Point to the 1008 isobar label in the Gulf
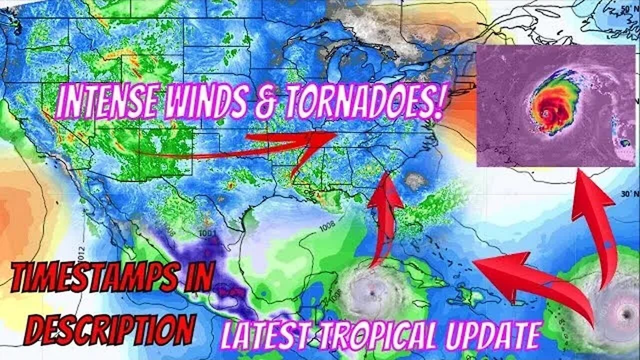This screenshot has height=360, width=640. coord(327,226)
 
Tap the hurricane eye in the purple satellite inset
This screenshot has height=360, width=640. coord(546,114)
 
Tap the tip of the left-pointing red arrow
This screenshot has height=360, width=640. coord(477,262)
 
